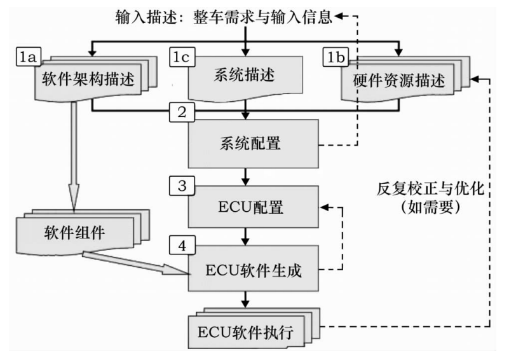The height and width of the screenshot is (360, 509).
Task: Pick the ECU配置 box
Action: click(x=252, y=207)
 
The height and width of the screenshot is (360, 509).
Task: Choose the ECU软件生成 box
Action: click(x=252, y=269)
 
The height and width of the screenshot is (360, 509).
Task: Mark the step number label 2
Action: click(x=181, y=114)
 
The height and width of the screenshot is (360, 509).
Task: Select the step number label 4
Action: click(x=181, y=244)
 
